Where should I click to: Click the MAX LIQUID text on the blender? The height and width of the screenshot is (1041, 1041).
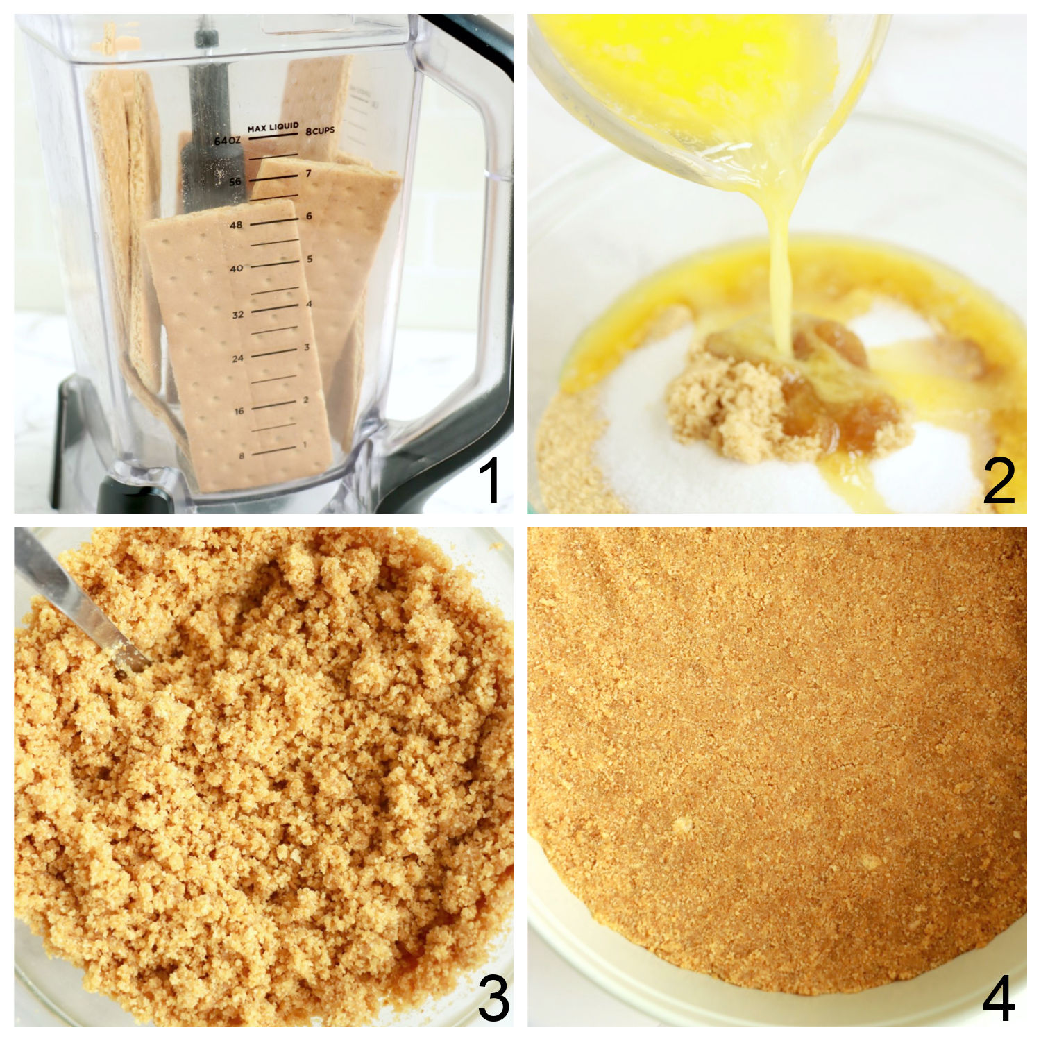coord(273,128)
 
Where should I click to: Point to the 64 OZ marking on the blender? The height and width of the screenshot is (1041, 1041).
coord(226,141)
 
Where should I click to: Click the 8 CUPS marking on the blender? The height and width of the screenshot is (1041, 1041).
coord(320,130)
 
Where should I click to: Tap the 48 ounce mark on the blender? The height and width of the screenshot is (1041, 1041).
coord(236,225)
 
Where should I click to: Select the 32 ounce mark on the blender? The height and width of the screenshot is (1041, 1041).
coord(237,314)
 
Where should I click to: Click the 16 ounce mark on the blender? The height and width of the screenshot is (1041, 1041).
coord(238,411)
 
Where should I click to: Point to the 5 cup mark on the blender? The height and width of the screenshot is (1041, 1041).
coord(310,260)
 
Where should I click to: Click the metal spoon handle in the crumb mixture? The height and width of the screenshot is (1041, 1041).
coord(69,597)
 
